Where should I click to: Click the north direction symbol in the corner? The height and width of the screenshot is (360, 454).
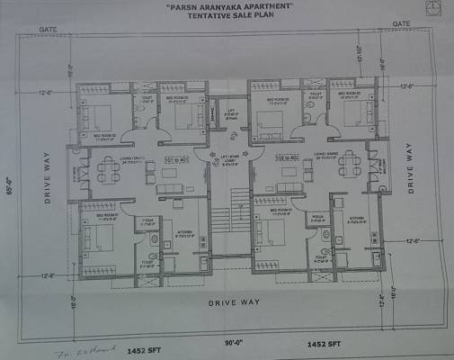(435, 6)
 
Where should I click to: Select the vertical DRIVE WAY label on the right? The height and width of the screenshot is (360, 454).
(413, 169)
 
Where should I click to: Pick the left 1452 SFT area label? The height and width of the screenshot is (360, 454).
(141, 344)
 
